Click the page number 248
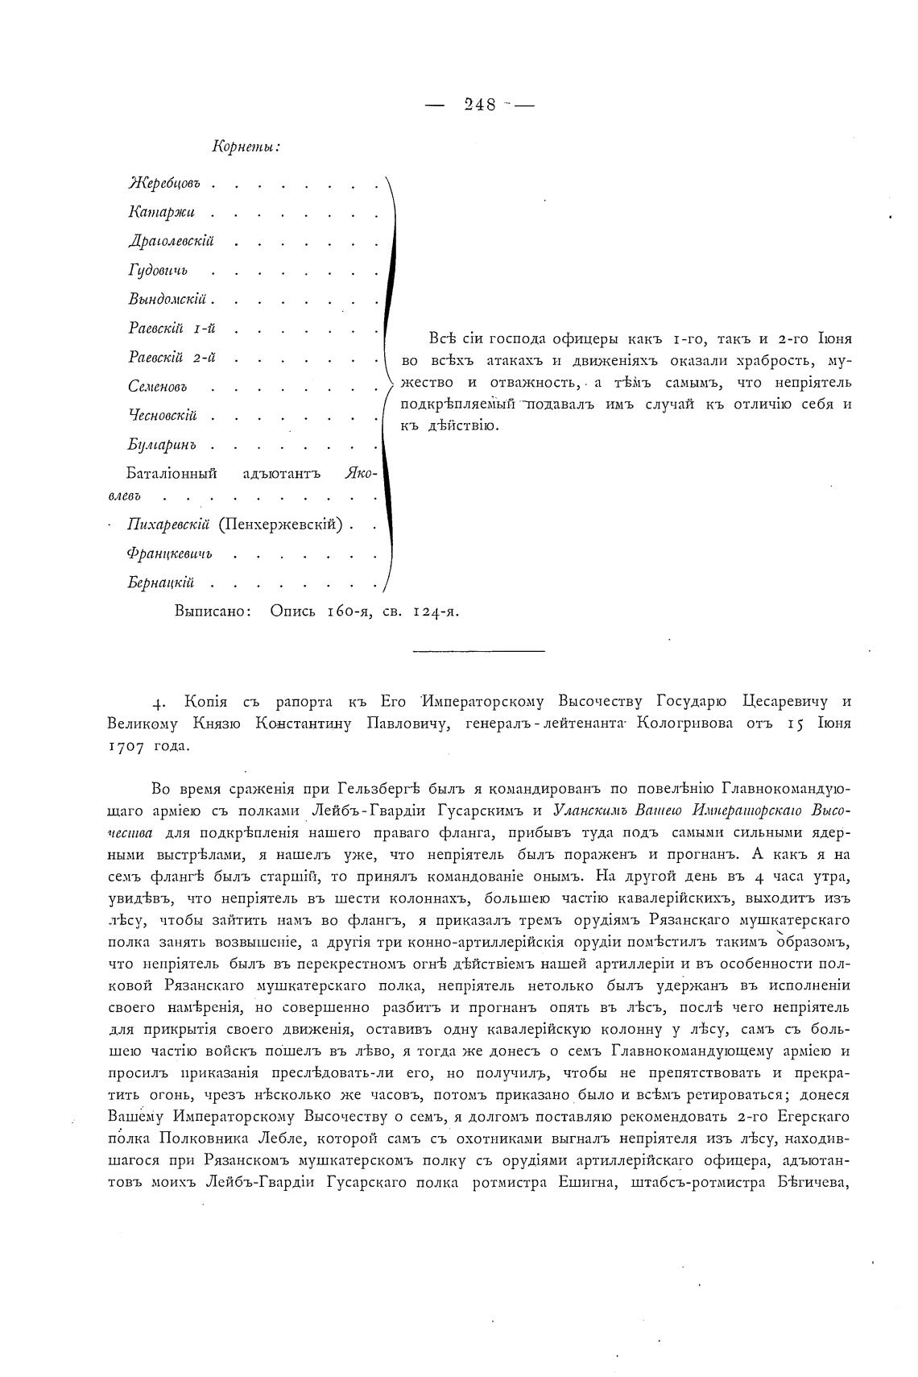[481, 104]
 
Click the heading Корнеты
[246, 147]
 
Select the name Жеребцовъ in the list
[163, 185]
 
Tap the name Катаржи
[161, 214]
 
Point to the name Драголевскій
[171, 242]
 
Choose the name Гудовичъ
[158, 272]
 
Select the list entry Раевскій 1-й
[172, 329]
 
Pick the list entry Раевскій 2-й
[172, 358]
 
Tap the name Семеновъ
[159, 387]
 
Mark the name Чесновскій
[162, 416]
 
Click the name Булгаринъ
[162, 445]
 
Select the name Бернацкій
[160, 583]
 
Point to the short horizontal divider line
[478, 650]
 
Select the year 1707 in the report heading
[126, 746]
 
